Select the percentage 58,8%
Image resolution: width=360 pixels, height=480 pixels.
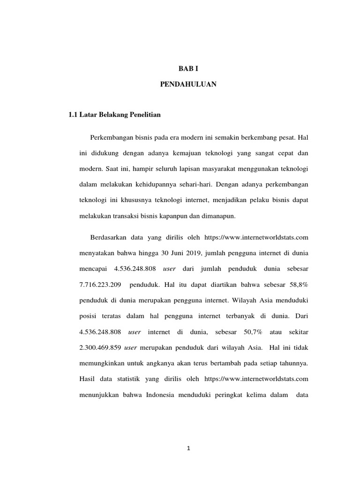[298, 285]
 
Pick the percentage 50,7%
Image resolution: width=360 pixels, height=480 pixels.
[253, 332]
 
